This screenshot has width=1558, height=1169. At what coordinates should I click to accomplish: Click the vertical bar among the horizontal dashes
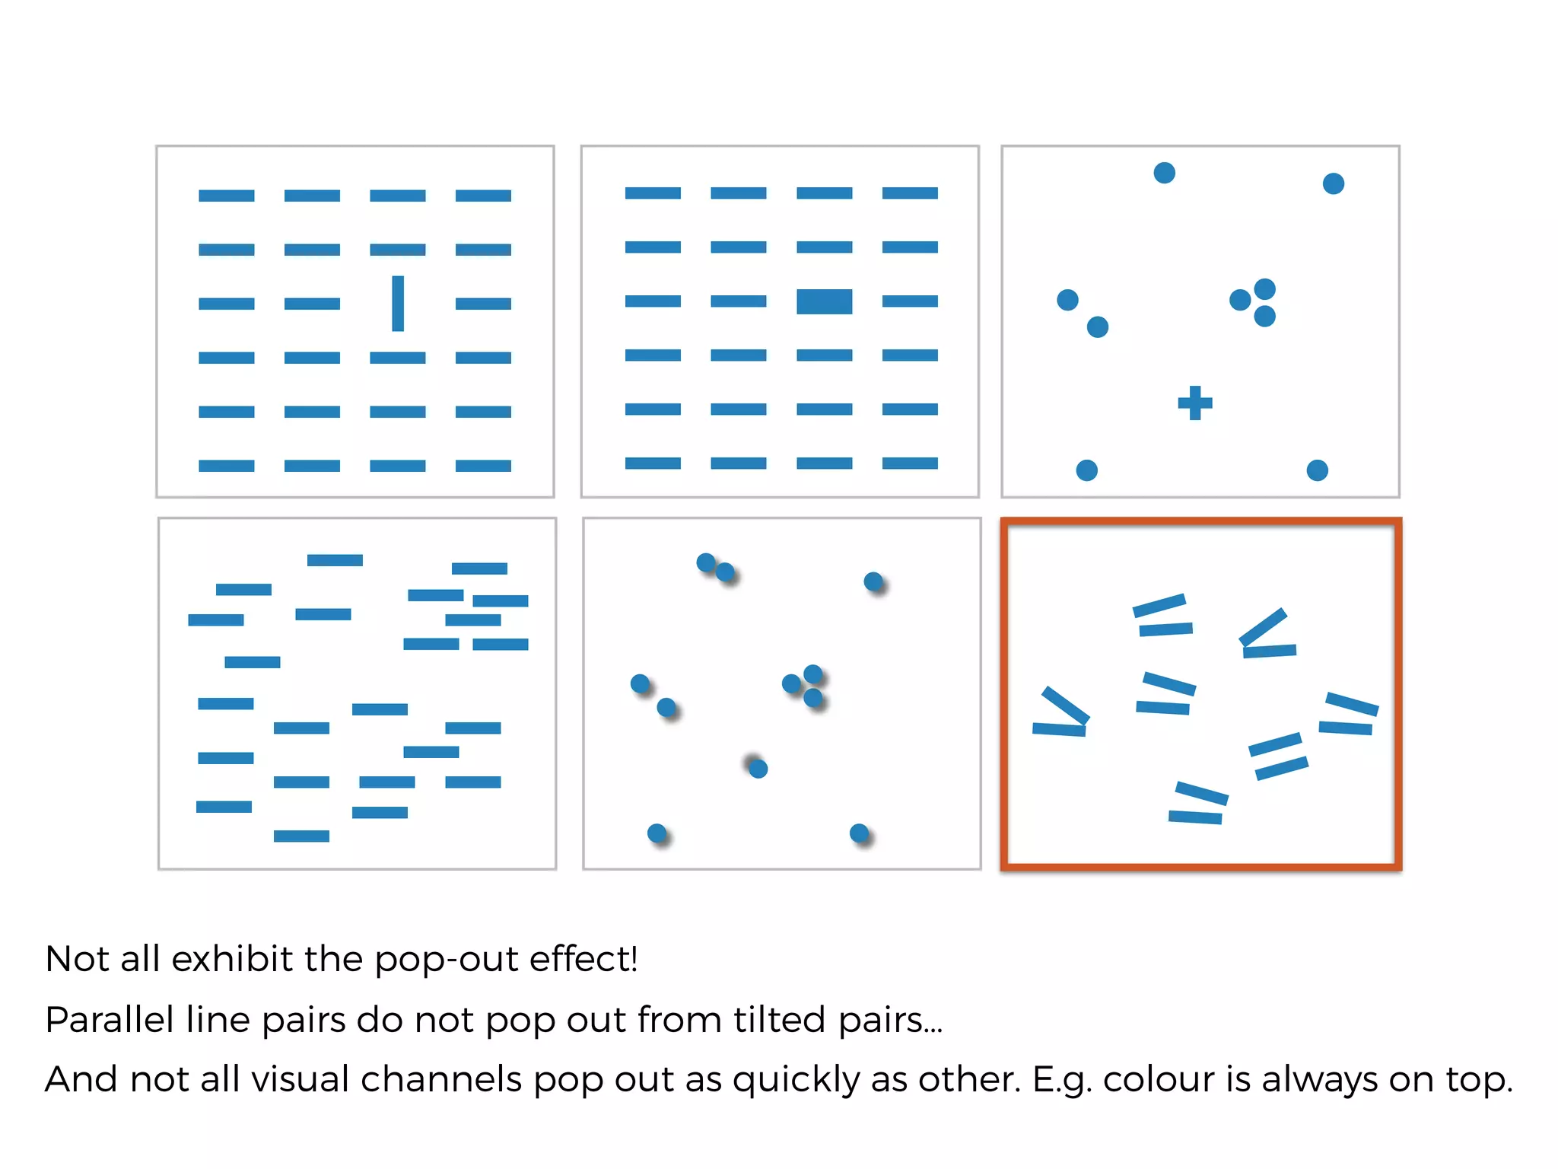[x=397, y=303]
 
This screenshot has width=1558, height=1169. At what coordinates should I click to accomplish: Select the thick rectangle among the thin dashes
[x=824, y=301]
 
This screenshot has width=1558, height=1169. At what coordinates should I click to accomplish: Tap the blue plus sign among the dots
[x=1194, y=403]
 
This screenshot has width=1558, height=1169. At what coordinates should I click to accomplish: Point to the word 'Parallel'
[x=110, y=1020]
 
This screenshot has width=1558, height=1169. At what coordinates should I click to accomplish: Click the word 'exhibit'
[x=232, y=959]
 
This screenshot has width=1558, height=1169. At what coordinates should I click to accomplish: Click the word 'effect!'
[x=583, y=959]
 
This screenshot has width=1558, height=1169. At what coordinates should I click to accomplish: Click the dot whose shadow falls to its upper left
[x=758, y=769]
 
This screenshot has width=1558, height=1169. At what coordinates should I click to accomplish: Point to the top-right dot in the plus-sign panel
[x=1333, y=183]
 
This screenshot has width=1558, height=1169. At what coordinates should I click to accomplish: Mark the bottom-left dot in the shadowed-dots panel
[x=657, y=833]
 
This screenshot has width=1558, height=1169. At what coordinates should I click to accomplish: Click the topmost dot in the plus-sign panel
[x=1164, y=173]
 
